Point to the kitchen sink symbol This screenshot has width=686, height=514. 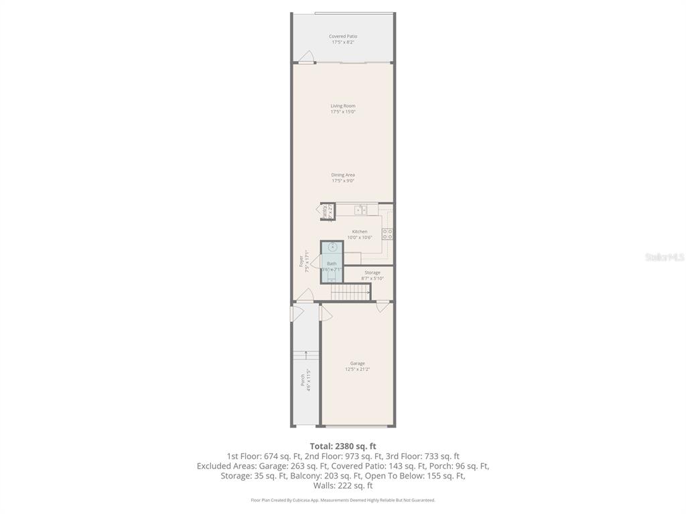point(360,210)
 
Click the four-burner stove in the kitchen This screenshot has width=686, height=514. point(387,234)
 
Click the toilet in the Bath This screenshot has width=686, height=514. point(332,276)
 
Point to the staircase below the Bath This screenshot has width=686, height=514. point(350,292)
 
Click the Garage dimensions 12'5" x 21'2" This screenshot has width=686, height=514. point(357,369)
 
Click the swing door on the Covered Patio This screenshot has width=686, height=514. point(306,58)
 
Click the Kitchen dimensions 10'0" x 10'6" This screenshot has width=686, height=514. point(360,238)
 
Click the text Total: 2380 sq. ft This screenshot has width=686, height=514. point(342,446)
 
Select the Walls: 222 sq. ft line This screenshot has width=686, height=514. point(342,485)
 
